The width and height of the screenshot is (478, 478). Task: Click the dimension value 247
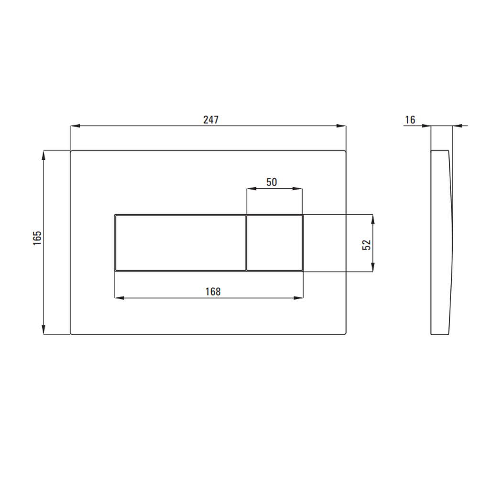pyautogui.click(x=211, y=119)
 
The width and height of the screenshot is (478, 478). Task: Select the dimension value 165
pyautogui.click(x=37, y=238)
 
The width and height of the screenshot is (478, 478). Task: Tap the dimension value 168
pyautogui.click(x=213, y=292)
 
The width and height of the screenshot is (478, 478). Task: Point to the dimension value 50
pyautogui.click(x=272, y=182)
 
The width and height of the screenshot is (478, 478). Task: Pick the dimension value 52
pyautogui.click(x=367, y=245)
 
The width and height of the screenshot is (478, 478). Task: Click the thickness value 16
pyautogui.click(x=410, y=120)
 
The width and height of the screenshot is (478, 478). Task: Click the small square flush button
pyautogui.click(x=274, y=243)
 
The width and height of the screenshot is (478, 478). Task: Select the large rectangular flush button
pyautogui.click(x=181, y=243)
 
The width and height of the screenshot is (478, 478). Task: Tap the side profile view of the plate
pyautogui.click(x=442, y=242)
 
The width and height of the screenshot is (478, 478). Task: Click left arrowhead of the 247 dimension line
pyautogui.click(x=75, y=126)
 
